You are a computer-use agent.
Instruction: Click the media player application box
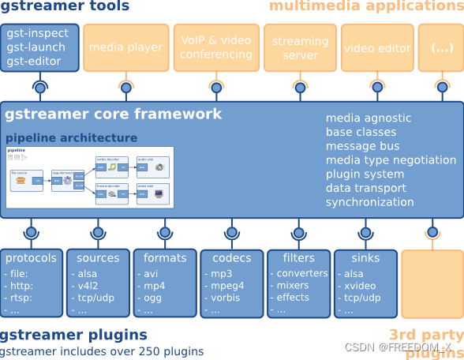click(125, 47)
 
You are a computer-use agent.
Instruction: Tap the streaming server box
click(295, 47)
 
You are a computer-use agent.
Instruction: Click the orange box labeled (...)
click(441, 47)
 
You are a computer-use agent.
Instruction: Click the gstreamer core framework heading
click(114, 114)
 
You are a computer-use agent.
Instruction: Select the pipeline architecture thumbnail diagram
click(90, 177)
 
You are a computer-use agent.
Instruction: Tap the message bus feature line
click(363, 146)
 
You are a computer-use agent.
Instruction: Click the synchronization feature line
click(369, 202)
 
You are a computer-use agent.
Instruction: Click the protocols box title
click(31, 258)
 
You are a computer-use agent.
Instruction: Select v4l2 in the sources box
click(88, 286)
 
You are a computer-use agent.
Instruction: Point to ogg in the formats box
click(153, 298)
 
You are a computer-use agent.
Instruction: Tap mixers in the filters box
click(293, 286)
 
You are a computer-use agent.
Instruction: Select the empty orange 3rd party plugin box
click(432, 283)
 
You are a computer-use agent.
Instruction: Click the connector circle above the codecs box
click(231, 233)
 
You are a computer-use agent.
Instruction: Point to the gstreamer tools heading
click(65, 7)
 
